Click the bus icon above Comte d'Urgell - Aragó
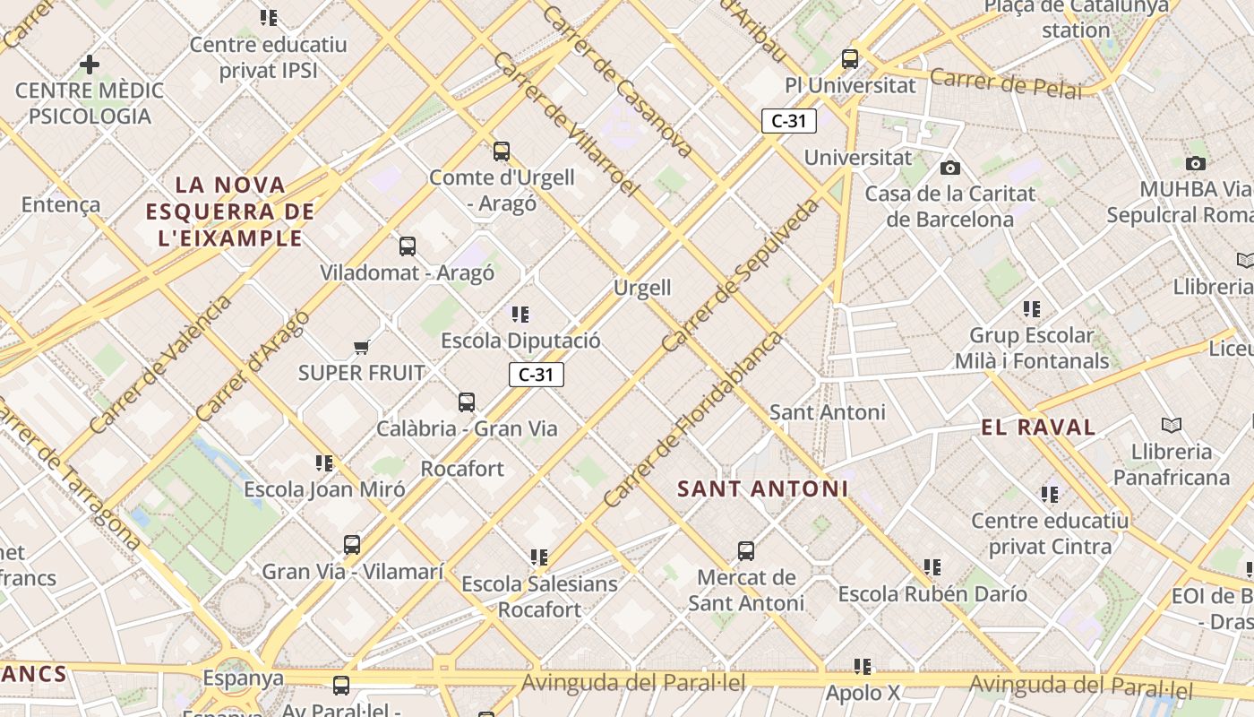[x=502, y=151]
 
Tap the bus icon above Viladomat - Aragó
[x=408, y=246]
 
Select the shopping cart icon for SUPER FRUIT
[x=362, y=347]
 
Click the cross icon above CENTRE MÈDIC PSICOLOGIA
[x=90, y=65]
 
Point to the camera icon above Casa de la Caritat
[x=950, y=168]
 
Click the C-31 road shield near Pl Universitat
[x=789, y=121]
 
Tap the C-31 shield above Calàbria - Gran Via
[x=537, y=375]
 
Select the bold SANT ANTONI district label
[x=762, y=489]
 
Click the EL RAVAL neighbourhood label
[x=1038, y=428]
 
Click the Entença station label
[x=61, y=204]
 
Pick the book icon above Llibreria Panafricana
[x=1171, y=425]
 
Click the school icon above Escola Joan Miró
[x=324, y=463]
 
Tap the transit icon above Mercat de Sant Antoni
[x=746, y=551]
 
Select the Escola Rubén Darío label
[x=932, y=593]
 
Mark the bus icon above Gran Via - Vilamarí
[x=352, y=544]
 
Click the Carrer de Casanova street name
[x=616, y=81]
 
